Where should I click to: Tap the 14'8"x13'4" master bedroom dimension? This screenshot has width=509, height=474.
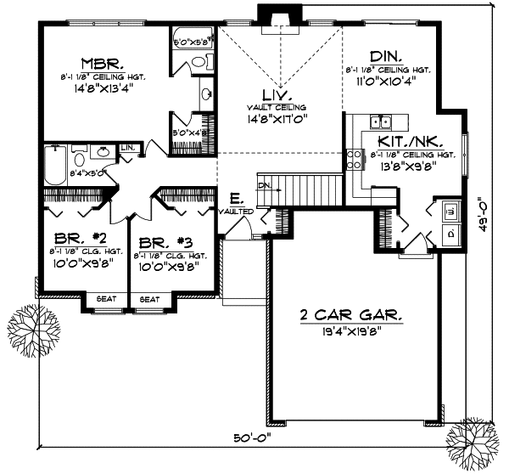[x=104, y=87]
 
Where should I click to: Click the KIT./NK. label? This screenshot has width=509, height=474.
[x=402, y=143]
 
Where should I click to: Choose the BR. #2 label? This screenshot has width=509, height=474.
[x=75, y=240]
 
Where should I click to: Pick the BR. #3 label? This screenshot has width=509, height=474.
[x=163, y=240]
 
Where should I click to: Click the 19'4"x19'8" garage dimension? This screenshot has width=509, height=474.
[x=351, y=330]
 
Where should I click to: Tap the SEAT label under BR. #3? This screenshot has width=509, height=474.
[x=149, y=299]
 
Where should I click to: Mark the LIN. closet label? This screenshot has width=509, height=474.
[x=129, y=148]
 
